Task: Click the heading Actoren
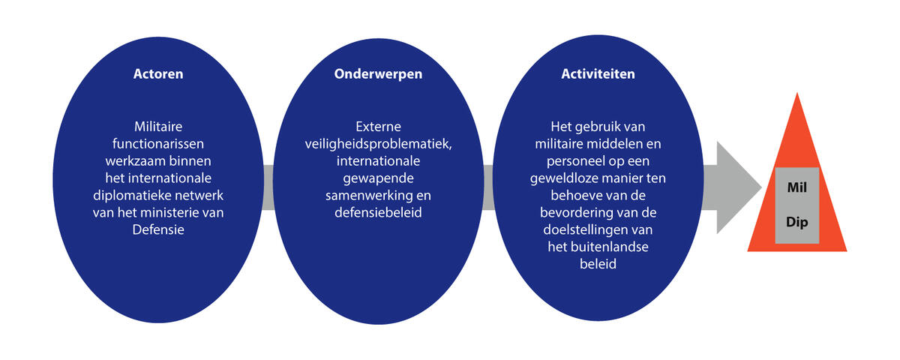point(158,74)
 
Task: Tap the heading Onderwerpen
point(378,74)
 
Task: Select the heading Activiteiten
point(598,74)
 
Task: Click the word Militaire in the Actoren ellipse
point(158,127)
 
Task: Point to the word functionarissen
point(158,144)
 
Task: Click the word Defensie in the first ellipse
point(158,229)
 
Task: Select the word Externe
point(378,127)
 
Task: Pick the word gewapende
point(378,178)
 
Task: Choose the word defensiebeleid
point(378,212)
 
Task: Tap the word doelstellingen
point(583,229)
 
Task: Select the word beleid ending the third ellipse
point(598,264)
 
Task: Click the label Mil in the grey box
point(796,187)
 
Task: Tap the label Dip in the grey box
point(796,222)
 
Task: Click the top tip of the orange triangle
point(797,92)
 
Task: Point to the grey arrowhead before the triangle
point(739,187)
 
